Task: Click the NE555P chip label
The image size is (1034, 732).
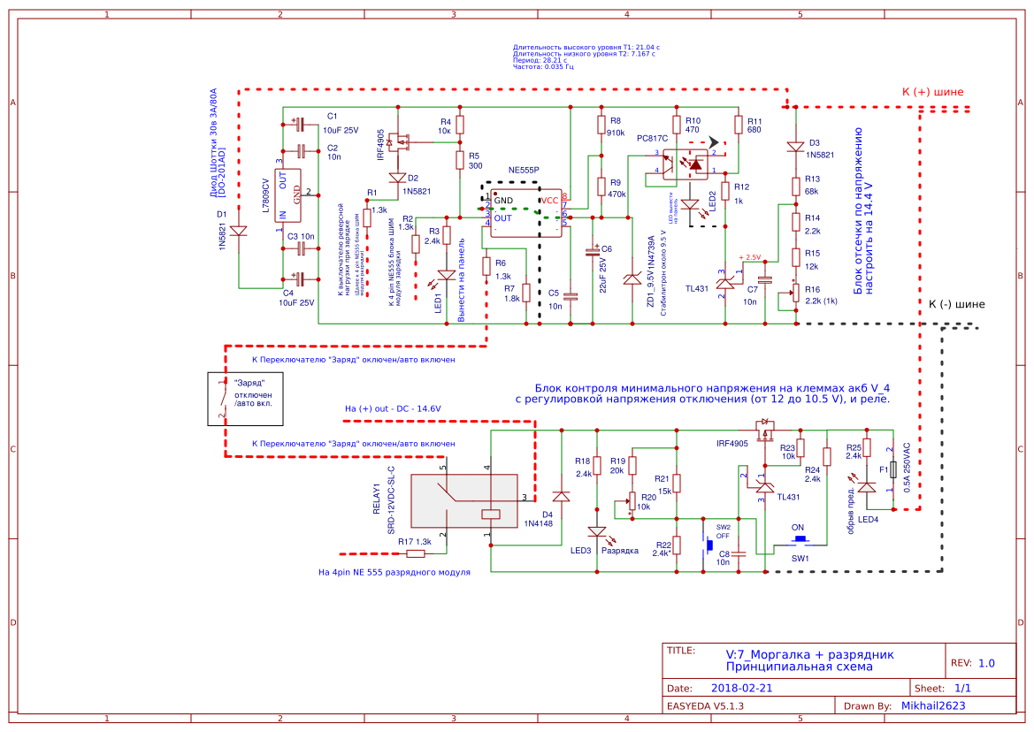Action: click(525, 169)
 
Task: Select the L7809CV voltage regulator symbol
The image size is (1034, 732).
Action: click(293, 202)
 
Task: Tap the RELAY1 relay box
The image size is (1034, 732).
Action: click(466, 500)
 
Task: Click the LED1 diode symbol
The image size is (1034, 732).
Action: click(447, 275)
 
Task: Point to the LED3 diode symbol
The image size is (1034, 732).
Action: click(597, 532)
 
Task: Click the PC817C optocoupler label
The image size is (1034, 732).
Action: click(653, 139)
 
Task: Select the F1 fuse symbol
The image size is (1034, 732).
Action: click(894, 470)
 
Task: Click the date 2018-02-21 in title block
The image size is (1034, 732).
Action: click(741, 688)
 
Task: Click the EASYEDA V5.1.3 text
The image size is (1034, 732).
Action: click(705, 706)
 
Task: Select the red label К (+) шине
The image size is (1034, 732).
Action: click(932, 92)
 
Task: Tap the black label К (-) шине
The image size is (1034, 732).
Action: click(956, 304)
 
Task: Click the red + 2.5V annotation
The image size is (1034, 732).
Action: click(748, 257)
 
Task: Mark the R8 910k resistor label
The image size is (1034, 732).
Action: click(617, 127)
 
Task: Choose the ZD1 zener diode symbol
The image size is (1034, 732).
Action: click(631, 278)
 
